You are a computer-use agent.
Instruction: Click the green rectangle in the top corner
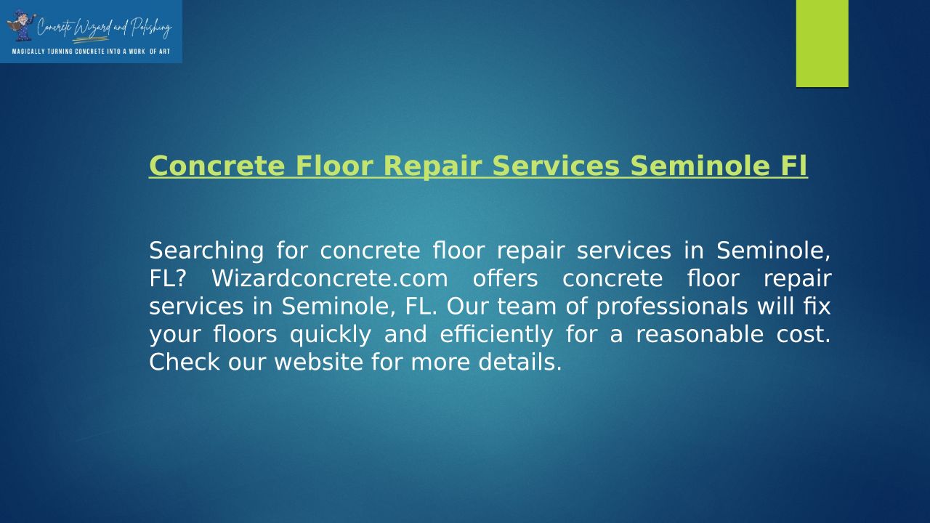[x=822, y=44]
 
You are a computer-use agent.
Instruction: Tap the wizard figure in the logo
[x=21, y=25]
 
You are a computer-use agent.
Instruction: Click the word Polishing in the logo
[x=151, y=28]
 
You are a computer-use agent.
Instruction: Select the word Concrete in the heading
[x=217, y=166]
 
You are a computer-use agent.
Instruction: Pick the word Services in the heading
[x=556, y=166]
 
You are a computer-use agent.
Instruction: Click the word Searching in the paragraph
[x=206, y=251]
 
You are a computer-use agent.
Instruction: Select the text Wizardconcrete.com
[x=330, y=278]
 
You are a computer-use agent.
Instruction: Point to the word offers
[x=505, y=278]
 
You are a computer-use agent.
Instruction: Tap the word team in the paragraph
[x=527, y=307]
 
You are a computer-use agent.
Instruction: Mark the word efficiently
[x=496, y=335]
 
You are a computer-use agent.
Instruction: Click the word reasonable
[x=700, y=334]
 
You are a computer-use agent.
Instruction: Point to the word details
[x=520, y=362]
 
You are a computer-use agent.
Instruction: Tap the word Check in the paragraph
[x=184, y=362]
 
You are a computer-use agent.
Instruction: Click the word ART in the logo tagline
[x=164, y=52]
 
